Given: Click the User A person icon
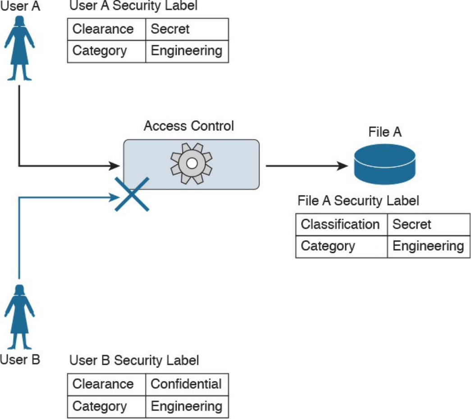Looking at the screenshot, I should click(x=19, y=48).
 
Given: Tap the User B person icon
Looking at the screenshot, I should click(x=19, y=316).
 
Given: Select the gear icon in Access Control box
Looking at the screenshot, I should click(x=192, y=163).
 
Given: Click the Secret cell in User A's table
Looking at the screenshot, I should click(x=187, y=29).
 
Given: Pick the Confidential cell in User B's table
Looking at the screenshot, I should click(x=187, y=384).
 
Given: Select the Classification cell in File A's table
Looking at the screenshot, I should click(x=341, y=224).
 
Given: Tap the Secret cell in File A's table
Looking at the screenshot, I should click(x=428, y=224).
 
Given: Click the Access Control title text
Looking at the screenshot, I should click(x=189, y=126).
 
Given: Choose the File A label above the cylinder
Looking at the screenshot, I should click(x=384, y=132).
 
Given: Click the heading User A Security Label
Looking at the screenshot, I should click(x=133, y=6).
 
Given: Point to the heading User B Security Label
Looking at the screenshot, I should click(x=134, y=360).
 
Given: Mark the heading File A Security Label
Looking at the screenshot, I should click(x=358, y=200).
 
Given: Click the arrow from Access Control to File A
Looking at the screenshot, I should click(x=306, y=166).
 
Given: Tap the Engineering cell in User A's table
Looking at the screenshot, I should click(x=187, y=51).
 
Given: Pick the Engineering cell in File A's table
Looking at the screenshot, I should click(x=428, y=246).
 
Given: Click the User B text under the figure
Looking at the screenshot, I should click(x=20, y=359).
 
